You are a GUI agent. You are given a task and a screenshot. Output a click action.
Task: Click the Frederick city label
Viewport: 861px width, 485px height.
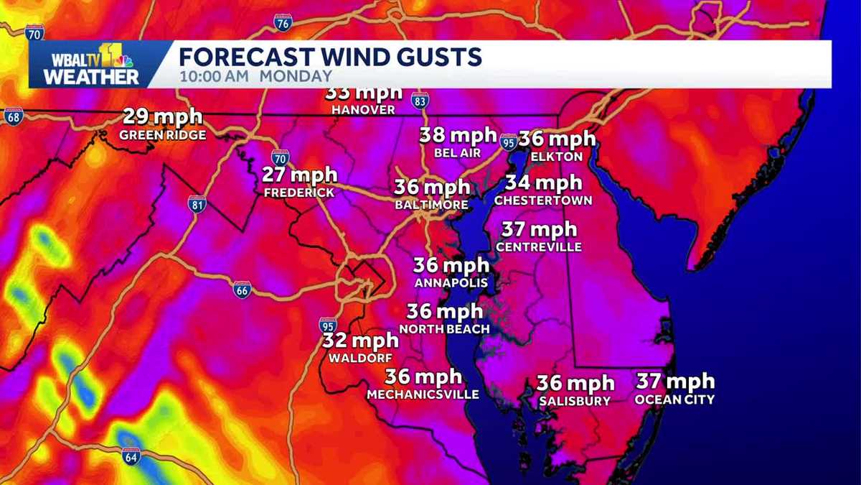pyautogui.click(x=298, y=193)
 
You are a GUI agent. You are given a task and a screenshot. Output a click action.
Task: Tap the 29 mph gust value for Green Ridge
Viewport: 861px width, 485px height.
pyautogui.click(x=162, y=116)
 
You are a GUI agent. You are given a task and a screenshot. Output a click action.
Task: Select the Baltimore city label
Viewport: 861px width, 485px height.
pyautogui.click(x=431, y=205)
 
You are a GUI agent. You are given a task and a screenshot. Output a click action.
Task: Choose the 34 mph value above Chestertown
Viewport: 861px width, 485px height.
pyautogui.click(x=542, y=183)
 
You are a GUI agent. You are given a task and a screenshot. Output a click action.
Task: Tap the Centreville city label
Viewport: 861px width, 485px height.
pyautogui.click(x=538, y=247)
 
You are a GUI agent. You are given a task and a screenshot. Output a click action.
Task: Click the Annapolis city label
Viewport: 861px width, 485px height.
pyautogui.click(x=451, y=283)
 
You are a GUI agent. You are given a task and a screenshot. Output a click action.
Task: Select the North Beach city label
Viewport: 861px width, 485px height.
pyautogui.click(x=444, y=329)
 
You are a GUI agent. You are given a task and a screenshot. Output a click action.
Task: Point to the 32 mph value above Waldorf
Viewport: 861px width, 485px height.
pyautogui.click(x=359, y=340)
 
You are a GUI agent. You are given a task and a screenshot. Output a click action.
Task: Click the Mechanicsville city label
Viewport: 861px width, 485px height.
pyautogui.click(x=423, y=394)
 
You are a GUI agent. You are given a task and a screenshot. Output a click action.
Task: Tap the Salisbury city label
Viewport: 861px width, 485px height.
pyautogui.click(x=575, y=401)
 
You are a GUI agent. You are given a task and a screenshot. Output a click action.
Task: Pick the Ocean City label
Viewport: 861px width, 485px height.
pyautogui.click(x=674, y=399)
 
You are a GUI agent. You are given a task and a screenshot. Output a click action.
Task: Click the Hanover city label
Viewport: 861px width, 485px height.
pyautogui.click(x=363, y=110)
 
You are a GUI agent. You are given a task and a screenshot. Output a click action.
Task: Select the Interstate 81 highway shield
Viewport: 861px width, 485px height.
pyautogui.click(x=197, y=203)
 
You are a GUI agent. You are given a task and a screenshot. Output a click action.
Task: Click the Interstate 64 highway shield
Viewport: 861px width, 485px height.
pyautogui.click(x=131, y=456)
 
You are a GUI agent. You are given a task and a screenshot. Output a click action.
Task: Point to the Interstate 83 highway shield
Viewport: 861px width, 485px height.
pyautogui.click(x=420, y=103)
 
